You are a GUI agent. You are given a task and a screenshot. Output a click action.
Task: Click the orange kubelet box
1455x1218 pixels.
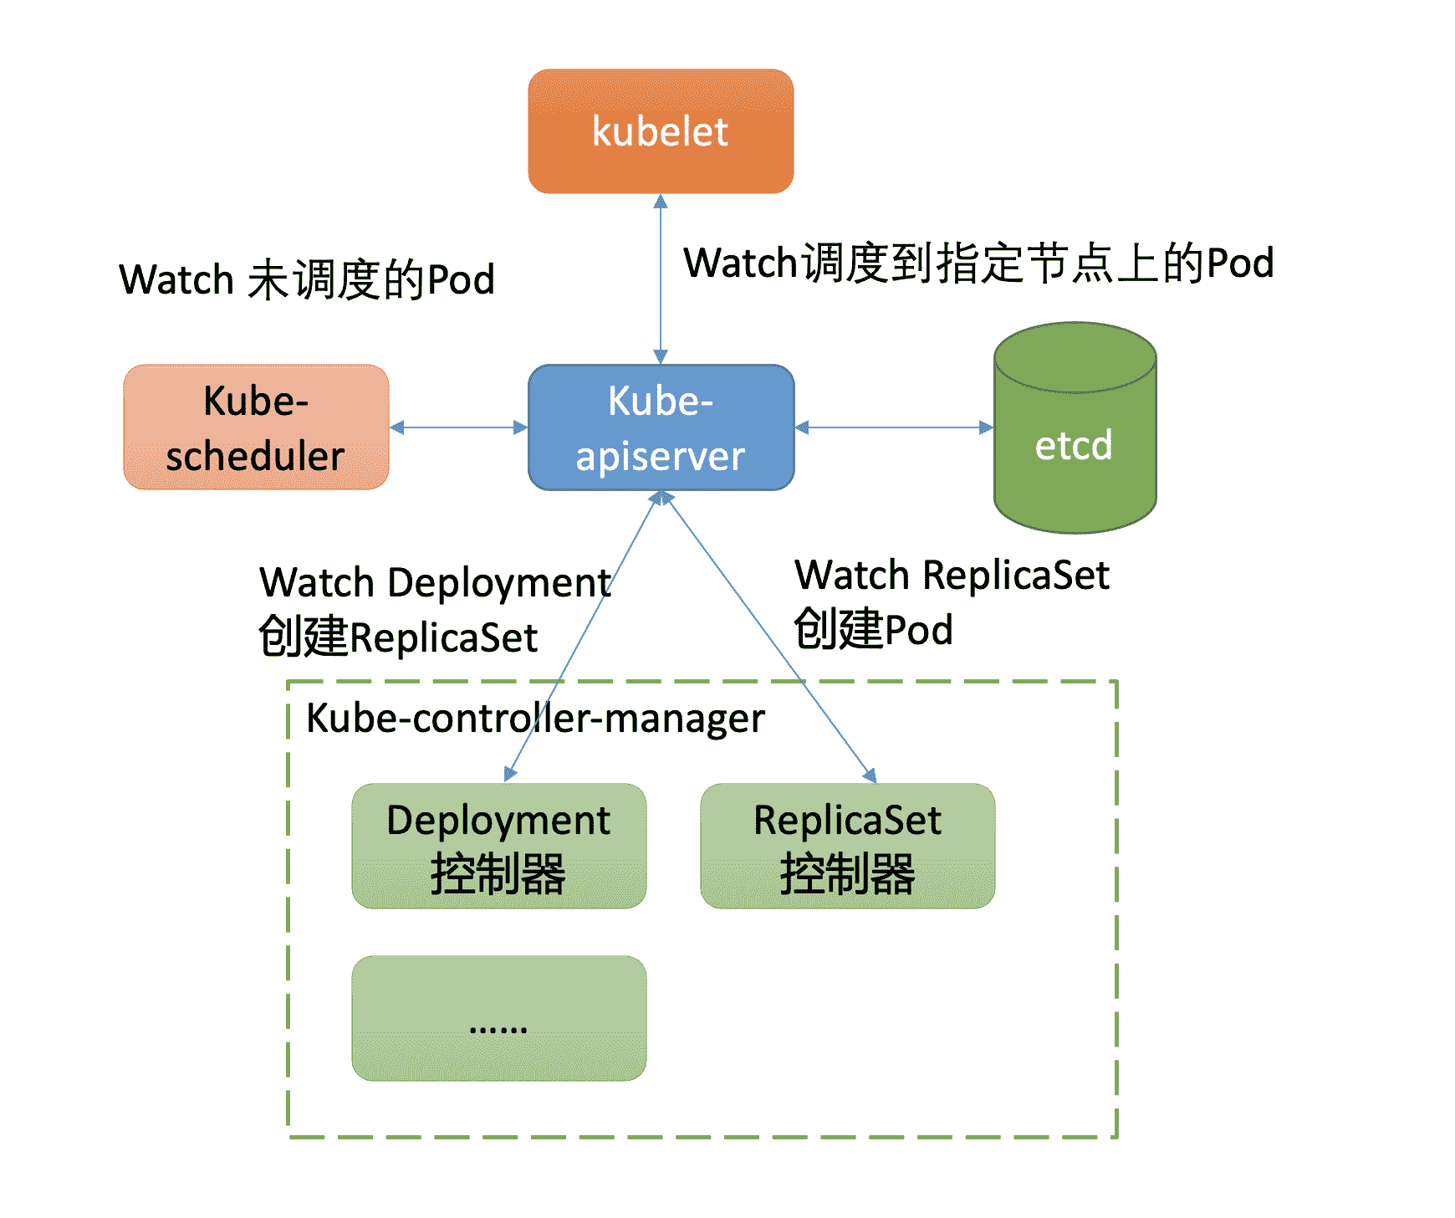coord(661,131)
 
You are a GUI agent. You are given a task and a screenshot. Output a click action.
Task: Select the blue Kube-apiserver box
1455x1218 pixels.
coord(661,427)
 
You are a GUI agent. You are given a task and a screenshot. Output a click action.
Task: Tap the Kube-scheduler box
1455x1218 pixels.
coord(256,427)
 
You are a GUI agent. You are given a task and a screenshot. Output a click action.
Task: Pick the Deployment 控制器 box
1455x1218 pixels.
coord(498,846)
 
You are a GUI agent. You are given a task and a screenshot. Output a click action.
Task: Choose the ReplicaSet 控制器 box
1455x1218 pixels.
coord(847,846)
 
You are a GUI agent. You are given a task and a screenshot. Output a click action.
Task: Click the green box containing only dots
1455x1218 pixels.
coord(498,1018)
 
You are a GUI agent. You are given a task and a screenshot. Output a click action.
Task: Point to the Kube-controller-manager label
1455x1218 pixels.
coord(535,719)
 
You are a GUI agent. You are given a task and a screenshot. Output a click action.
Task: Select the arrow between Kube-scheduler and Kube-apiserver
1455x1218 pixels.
coord(458,427)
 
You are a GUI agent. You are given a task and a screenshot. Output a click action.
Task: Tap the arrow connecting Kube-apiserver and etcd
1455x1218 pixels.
coord(894,427)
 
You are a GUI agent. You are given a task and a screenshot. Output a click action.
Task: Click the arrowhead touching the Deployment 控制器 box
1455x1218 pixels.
coord(510,775)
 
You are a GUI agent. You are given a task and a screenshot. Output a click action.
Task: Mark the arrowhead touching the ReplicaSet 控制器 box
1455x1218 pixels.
coord(870,775)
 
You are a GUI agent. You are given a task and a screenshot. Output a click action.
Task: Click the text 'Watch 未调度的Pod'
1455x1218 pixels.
coord(307,279)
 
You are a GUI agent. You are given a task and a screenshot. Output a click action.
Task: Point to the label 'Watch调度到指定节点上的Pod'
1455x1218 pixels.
coord(978,263)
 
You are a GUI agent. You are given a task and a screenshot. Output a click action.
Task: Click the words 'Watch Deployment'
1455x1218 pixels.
coord(435,582)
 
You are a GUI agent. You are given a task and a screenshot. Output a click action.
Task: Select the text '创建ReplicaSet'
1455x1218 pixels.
coord(398,637)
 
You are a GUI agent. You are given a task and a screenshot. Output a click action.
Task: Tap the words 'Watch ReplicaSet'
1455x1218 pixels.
coord(952,576)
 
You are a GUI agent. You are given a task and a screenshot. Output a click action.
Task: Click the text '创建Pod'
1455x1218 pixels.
coord(873,630)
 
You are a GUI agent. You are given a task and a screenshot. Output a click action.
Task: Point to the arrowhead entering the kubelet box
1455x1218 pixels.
coord(661,202)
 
